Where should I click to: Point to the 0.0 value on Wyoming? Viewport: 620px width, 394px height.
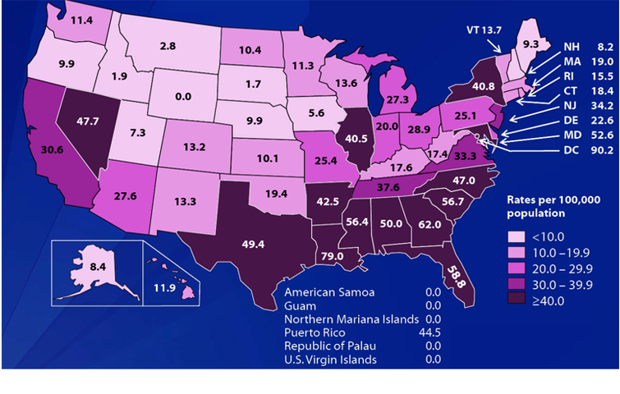point(183,96)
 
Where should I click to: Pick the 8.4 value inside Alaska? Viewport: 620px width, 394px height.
point(85,266)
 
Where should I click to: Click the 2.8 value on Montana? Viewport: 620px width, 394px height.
point(168,47)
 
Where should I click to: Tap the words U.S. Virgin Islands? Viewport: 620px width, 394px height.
point(330,360)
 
